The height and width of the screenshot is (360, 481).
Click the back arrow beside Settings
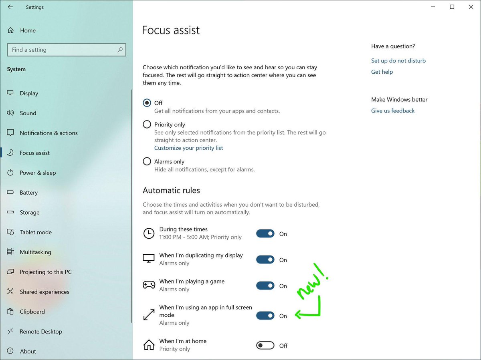tap(10, 7)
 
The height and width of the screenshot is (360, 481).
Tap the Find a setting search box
tap(66, 50)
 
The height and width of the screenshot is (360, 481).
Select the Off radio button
tap(147, 103)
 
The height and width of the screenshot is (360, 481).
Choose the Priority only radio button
tap(147, 125)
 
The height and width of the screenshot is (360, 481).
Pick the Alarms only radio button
tap(147, 162)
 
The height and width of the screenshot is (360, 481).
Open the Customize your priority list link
tap(188, 148)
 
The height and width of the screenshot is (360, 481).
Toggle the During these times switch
tap(265, 234)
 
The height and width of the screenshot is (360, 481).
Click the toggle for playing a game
tap(265, 286)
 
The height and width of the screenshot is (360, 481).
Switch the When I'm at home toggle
tap(265, 346)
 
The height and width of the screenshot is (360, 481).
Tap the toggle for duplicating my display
tap(265, 260)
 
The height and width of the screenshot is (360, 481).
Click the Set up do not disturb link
tap(398, 61)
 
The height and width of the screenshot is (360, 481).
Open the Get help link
tap(382, 72)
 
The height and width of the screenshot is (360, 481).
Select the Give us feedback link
tap(393, 111)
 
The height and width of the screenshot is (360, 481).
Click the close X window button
tap(471, 7)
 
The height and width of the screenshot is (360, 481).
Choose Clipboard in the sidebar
tap(32, 312)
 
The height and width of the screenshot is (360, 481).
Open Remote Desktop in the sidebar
tap(41, 332)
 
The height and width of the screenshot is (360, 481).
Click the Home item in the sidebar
tap(28, 30)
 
